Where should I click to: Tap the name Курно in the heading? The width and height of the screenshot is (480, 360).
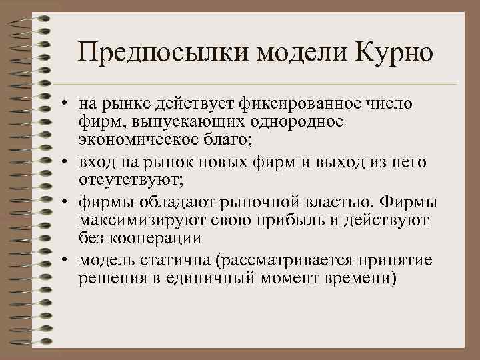pyautogui.click(x=395, y=53)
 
